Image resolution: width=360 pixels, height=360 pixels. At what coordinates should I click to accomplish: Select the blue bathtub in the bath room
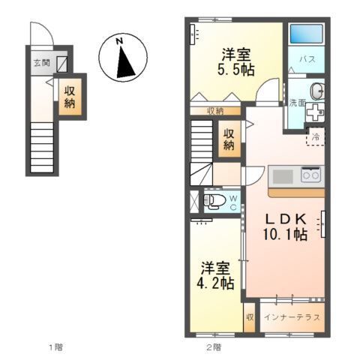(x=306, y=34)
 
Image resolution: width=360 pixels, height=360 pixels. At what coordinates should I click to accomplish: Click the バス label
(x=307, y=58)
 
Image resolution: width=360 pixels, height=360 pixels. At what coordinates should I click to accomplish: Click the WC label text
(x=233, y=202)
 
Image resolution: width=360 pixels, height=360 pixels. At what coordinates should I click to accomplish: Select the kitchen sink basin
(x=283, y=176)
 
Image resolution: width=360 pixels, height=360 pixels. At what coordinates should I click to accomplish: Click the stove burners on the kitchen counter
(x=310, y=176)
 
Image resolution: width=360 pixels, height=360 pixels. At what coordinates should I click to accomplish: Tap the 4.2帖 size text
(x=216, y=283)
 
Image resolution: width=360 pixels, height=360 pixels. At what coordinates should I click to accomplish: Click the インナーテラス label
(x=292, y=316)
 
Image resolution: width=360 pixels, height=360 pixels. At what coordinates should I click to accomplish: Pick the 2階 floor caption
(x=214, y=347)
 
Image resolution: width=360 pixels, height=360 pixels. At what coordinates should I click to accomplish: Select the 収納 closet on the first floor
(x=70, y=97)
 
